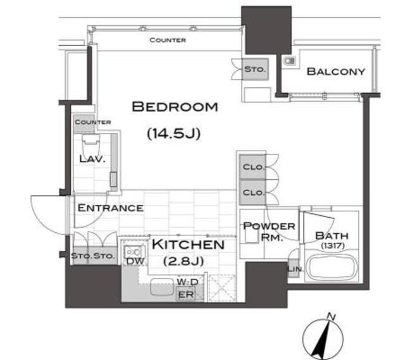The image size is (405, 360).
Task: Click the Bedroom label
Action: [175, 107]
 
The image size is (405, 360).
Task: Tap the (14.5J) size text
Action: [174, 133]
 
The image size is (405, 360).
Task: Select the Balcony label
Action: [336, 71]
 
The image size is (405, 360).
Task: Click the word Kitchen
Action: [188, 245]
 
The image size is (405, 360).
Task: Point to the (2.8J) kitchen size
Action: [184, 261]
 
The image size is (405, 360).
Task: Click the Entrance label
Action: [111, 208]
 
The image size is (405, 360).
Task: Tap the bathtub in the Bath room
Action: [332, 267]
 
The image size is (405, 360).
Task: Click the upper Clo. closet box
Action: [252, 167]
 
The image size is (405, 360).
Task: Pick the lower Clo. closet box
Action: [252, 192]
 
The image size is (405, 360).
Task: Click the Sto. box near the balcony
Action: [255, 69]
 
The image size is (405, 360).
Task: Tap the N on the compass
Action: [331, 316]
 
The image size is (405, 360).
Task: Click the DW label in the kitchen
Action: [135, 261]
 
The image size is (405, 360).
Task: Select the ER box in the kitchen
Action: [186, 295]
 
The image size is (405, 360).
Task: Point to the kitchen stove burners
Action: [134, 251]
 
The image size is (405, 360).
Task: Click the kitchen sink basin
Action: [162, 287]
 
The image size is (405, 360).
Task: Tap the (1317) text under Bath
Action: [333, 245]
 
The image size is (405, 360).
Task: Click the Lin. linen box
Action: [294, 269]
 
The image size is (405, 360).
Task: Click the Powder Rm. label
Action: [269, 231]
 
